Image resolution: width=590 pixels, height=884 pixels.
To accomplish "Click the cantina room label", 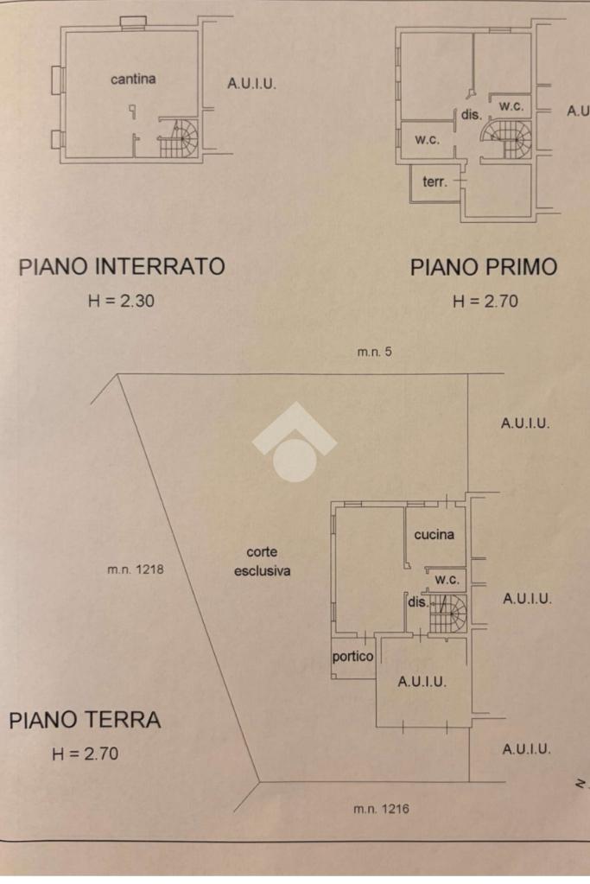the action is click(133, 79).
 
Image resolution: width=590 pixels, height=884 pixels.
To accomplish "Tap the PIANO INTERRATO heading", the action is click(123, 266).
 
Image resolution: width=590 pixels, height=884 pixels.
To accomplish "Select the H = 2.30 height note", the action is click(121, 301).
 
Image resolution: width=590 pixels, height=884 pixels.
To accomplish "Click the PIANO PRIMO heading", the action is click(484, 267).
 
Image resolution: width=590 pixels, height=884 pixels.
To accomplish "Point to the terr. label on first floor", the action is click(435, 181).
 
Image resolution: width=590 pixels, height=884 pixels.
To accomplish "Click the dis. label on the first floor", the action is click(472, 114).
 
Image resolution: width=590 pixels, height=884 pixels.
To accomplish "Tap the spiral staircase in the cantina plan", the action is click(179, 137).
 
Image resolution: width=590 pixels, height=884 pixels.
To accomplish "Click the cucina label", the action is click(434, 534).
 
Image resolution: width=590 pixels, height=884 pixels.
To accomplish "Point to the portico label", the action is click(352, 656).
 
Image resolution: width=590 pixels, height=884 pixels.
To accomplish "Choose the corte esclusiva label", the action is click(262, 562).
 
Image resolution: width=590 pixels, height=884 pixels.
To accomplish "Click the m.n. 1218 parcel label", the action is click(136, 569).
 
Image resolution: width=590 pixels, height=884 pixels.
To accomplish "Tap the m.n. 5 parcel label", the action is click(374, 352).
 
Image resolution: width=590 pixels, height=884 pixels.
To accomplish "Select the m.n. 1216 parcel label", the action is click(382, 809).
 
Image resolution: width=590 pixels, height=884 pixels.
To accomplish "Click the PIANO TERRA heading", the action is click(86, 720).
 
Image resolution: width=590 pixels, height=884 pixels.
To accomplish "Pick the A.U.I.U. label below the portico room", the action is click(422, 682).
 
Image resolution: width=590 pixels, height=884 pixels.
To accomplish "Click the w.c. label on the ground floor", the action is click(447, 579).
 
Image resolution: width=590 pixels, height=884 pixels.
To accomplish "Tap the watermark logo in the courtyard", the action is click(295, 441).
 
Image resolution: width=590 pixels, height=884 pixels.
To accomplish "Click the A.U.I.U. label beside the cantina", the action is click(251, 84).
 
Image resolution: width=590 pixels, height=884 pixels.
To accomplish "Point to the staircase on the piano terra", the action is click(447, 614).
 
